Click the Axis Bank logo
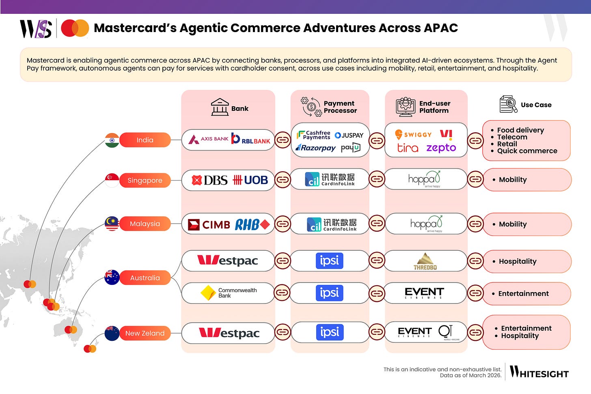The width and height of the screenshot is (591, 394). tap(208, 139)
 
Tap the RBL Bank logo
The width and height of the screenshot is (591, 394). tap(251, 139)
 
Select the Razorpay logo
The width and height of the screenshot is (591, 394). tap(316, 148)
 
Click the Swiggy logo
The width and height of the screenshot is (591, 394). tap(413, 134)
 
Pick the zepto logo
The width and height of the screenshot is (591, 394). tap(441, 148)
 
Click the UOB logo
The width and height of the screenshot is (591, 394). tap(250, 180)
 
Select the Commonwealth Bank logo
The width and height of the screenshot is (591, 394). tap(229, 293)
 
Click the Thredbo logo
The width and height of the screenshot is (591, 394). tap(425, 261)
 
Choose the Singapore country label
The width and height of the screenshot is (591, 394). tap(145, 180)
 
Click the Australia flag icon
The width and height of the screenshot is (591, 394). tap(112, 278)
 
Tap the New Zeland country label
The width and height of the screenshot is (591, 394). tap(145, 333)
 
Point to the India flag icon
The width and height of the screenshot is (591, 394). tap(112, 140)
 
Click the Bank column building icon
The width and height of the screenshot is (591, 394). tap(220, 107)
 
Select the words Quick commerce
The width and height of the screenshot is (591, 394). tap(527, 151)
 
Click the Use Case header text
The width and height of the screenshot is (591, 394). tap(536, 105)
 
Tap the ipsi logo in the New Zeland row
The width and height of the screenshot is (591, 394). tap(330, 332)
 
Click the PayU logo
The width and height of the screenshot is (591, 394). tap(351, 148)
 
